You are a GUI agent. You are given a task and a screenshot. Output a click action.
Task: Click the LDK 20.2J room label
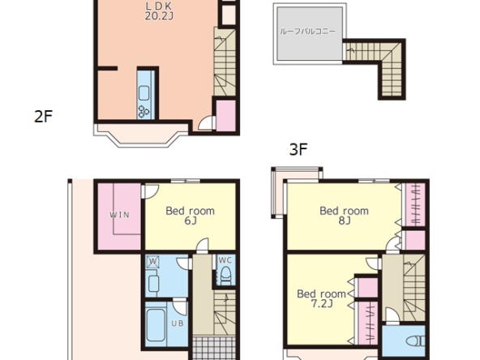(x=159, y=11)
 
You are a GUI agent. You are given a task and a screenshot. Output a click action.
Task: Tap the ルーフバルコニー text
(x=307, y=32)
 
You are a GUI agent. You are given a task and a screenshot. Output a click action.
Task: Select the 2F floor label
(x=43, y=116)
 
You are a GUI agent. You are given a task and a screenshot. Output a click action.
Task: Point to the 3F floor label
(x=298, y=150)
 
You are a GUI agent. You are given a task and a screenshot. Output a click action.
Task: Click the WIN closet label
(x=120, y=215)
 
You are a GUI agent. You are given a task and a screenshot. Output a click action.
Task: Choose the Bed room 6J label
(x=190, y=216)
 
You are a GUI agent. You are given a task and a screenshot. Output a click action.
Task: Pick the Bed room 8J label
(x=344, y=216)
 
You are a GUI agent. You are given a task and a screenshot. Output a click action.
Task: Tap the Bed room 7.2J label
(x=321, y=298)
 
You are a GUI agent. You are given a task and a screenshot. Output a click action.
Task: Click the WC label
(x=225, y=260)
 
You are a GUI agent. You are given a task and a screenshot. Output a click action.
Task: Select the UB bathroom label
(x=178, y=324)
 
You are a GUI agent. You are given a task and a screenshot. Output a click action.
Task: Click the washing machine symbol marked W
(x=152, y=262)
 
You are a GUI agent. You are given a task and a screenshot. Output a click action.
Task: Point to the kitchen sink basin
(x=144, y=93)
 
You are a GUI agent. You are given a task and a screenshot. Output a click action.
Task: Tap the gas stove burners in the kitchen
(x=144, y=111)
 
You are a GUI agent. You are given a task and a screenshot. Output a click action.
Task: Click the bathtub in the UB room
(x=156, y=325)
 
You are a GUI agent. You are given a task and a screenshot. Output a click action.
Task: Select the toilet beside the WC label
(x=225, y=274)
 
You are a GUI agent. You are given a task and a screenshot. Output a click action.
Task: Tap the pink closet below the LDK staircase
(x=226, y=115)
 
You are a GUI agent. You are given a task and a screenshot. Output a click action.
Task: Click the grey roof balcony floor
(x=310, y=33)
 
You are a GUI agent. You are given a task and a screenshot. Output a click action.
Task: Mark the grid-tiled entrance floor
(x=214, y=349)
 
